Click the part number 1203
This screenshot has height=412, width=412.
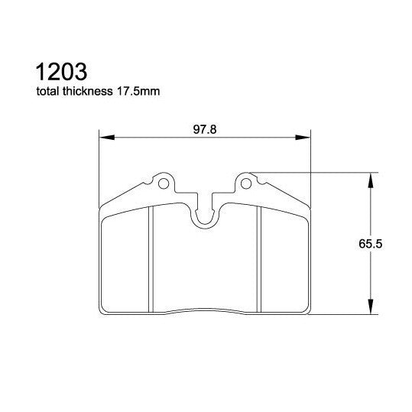point(61,73)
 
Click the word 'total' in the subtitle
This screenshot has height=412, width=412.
point(48,92)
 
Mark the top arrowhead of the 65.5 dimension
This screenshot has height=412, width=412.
point(371,179)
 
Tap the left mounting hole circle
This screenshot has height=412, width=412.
point(163,183)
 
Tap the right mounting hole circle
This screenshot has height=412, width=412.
point(246,183)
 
